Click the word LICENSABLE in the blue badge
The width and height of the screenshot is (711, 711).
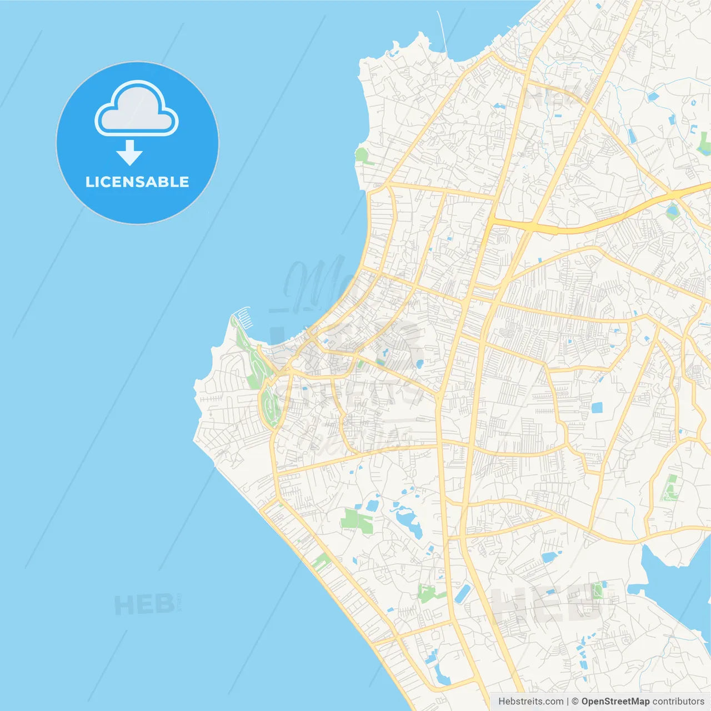[x=137, y=182]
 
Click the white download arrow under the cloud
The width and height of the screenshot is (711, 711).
[x=129, y=153]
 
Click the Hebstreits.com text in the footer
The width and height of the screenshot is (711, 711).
[x=531, y=702]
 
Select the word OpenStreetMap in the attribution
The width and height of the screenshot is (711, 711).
[x=615, y=702]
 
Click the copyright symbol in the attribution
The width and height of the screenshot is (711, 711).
[x=575, y=702]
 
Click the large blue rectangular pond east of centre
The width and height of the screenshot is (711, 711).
[x=597, y=408]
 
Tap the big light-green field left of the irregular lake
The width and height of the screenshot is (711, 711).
[x=356, y=520]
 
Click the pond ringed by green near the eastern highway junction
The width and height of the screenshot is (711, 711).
[x=673, y=211]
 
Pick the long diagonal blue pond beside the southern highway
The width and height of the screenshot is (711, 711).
[x=462, y=593]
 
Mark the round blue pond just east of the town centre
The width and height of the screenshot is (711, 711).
[x=419, y=364]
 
